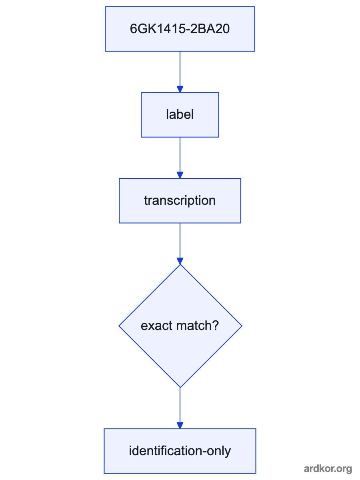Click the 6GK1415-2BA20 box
180,29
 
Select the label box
180,115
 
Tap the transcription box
180,201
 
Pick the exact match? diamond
180,326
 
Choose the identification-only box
180,451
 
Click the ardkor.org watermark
328,468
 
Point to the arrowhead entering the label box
180,89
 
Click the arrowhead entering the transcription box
180,175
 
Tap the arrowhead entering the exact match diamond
180,261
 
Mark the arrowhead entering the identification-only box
180,425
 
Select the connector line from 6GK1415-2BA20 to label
180,69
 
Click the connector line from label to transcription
180,155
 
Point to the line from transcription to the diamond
180,240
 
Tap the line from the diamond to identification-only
180,405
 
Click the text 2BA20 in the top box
210,29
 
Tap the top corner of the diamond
180,264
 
